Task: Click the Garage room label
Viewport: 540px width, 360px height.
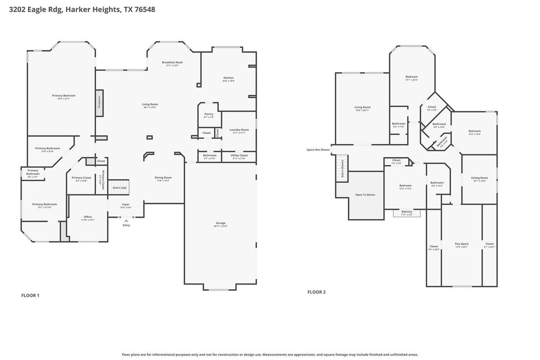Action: click(x=220, y=223)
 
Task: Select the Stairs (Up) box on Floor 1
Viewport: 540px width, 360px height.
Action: click(x=120, y=187)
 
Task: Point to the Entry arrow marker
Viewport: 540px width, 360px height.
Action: click(x=126, y=221)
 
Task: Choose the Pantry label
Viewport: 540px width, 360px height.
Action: click(x=209, y=115)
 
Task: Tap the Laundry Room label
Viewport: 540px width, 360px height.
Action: click(x=239, y=130)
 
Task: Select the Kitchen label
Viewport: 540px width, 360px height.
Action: click(x=228, y=79)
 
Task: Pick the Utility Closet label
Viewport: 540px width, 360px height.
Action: click(x=239, y=156)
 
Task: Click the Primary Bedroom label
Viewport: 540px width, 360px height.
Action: click(x=63, y=96)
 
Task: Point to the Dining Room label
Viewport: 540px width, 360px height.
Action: click(x=163, y=178)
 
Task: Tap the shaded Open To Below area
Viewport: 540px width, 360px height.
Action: click(x=365, y=195)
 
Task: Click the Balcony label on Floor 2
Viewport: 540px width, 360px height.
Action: click(x=407, y=212)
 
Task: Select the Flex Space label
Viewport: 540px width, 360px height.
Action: click(x=461, y=245)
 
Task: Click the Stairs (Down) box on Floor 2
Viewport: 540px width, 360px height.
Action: click(x=342, y=170)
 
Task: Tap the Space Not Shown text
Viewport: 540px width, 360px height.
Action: click(x=318, y=150)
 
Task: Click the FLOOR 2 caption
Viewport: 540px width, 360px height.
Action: click(x=316, y=291)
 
